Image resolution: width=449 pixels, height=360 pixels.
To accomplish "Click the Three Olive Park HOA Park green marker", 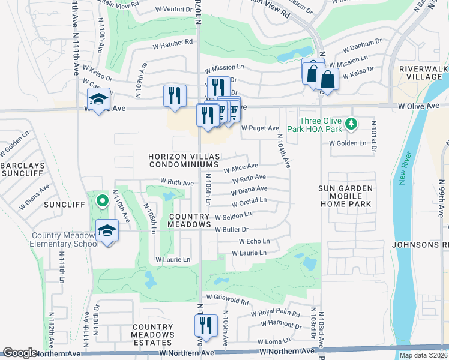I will [354, 124].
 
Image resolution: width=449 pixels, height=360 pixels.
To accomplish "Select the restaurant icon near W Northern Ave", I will [205, 326].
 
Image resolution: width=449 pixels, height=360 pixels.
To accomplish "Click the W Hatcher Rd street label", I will [172, 42].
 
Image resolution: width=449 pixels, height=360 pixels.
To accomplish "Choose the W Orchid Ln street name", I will [248, 200].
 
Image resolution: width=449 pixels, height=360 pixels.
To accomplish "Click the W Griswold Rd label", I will [226, 297].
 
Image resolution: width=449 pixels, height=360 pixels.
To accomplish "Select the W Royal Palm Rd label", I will [274, 313].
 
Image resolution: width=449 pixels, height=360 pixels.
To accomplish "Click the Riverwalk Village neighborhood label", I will [423, 73].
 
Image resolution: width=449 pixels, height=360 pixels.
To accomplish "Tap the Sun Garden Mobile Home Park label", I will [346, 196].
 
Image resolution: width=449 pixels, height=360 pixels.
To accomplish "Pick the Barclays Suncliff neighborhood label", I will [20, 169].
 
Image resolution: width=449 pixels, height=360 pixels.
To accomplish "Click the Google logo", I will [20, 353].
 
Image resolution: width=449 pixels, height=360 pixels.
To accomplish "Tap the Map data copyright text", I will [423, 355].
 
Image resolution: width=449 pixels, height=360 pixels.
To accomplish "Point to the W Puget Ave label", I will [260, 128].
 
